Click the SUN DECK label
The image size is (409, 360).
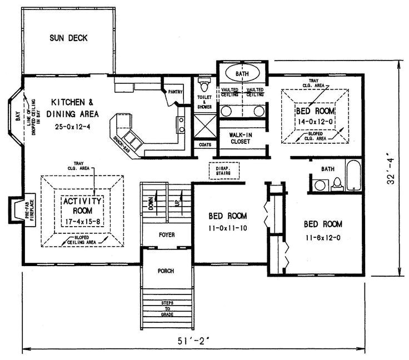68,38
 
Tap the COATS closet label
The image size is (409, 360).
204,144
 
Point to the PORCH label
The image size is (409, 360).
165,271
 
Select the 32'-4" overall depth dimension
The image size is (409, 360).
392,172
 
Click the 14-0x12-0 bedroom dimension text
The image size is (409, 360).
315,121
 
